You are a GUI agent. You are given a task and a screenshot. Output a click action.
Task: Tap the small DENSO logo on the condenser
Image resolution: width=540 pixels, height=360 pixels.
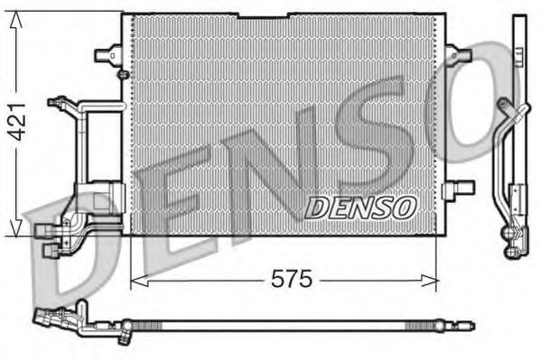[359, 208]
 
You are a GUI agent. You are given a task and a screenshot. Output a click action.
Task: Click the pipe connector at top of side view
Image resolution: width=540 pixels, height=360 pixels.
[517, 113]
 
